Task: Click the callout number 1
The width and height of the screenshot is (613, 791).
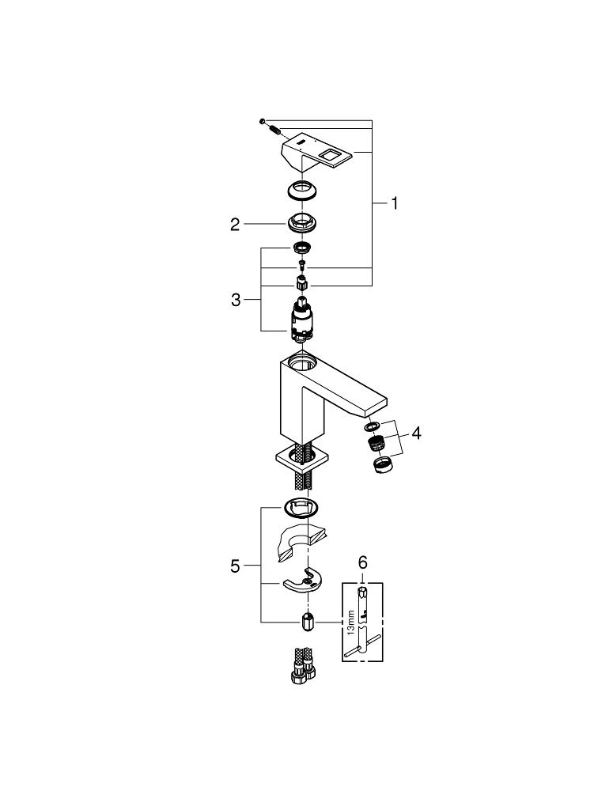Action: click(x=394, y=203)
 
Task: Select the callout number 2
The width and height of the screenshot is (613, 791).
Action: click(x=234, y=225)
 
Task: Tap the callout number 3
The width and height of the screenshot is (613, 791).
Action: click(x=236, y=301)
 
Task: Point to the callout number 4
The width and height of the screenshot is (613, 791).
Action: click(x=416, y=433)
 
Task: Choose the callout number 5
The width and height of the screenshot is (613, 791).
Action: click(x=235, y=566)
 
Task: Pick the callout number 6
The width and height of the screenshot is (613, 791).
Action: click(x=363, y=562)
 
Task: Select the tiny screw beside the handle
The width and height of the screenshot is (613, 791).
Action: click(x=261, y=120)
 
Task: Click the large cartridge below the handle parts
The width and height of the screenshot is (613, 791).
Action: click(x=301, y=323)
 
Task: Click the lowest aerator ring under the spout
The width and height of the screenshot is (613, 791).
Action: click(x=382, y=464)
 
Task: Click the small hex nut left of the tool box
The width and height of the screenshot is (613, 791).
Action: click(x=308, y=623)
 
